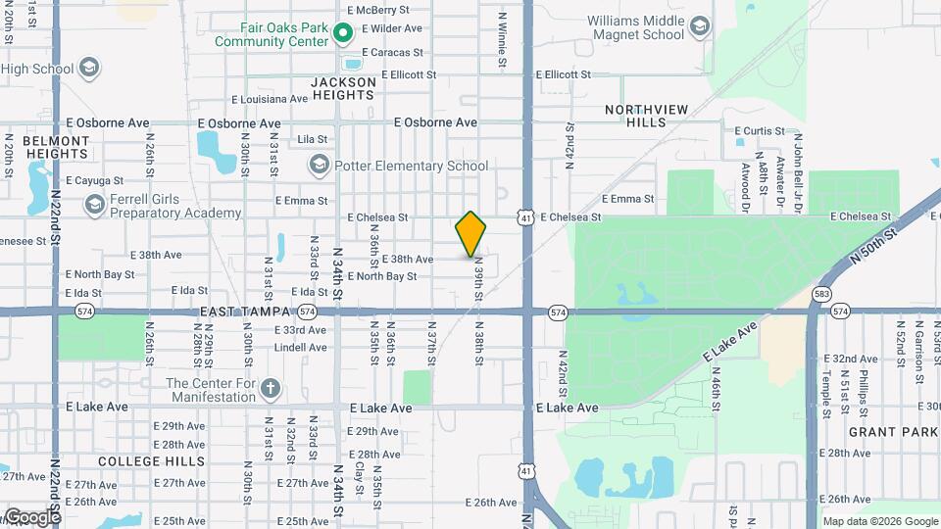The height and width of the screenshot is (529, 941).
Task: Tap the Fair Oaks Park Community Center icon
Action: (342, 35)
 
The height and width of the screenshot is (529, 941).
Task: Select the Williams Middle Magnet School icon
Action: (699, 27)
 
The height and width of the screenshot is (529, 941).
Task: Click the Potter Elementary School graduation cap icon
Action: (319, 166)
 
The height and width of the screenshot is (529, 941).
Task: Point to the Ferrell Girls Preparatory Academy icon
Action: (95, 205)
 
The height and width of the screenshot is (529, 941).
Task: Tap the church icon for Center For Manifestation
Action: (271, 389)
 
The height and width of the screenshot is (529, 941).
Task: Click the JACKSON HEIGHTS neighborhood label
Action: (343, 89)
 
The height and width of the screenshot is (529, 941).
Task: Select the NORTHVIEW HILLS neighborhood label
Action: (647, 116)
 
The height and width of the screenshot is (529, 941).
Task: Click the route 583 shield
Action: (821, 294)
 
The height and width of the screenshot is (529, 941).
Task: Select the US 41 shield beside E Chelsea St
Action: (527, 217)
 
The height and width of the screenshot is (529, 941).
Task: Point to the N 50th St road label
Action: (874, 246)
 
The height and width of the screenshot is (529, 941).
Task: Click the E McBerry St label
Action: (375, 10)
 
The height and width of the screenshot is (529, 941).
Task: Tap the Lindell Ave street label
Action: (300, 348)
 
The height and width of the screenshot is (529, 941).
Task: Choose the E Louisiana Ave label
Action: (270, 99)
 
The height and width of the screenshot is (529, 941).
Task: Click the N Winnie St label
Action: (503, 39)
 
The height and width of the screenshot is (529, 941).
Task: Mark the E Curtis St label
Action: (760, 130)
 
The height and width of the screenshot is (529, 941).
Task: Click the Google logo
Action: (32, 516)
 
